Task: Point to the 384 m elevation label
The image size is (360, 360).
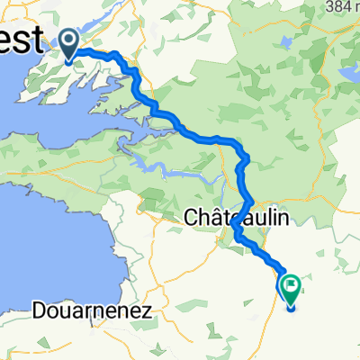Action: pyautogui.click(x=343, y=6)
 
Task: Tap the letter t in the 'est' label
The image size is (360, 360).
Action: pyautogui.click(x=37, y=40)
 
